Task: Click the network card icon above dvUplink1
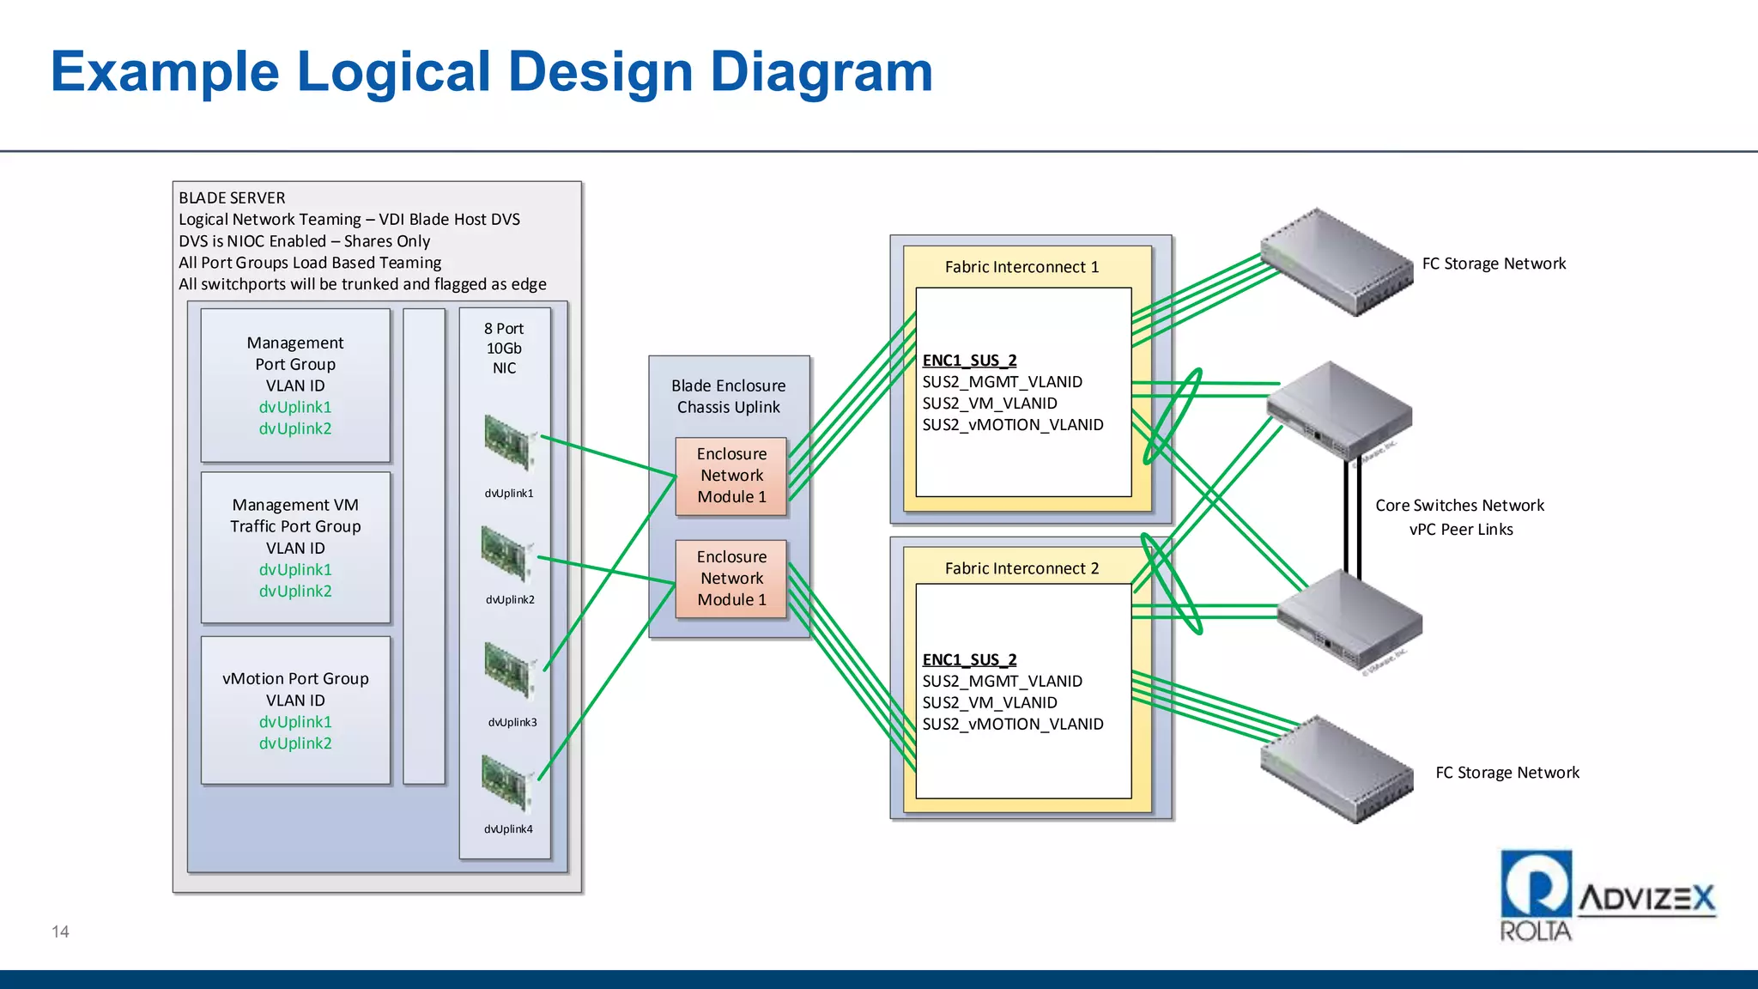[510, 443]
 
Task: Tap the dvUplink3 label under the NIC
[512, 722]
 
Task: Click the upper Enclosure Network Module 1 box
[731, 476]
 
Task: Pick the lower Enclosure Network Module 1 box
[731, 579]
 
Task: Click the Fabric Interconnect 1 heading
[1021, 267]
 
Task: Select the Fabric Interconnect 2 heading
[1021, 568]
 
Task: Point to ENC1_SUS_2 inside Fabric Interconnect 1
[969, 361]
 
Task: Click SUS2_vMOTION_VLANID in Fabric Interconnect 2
[1013, 724]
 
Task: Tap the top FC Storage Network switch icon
[1337, 263]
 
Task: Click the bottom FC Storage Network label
[1507, 773]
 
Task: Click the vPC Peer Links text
[1461, 530]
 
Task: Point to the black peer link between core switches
[1352, 515]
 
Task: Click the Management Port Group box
[295, 385]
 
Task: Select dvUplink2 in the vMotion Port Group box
[295, 743]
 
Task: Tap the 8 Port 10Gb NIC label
[504, 349]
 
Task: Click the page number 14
[60, 931]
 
